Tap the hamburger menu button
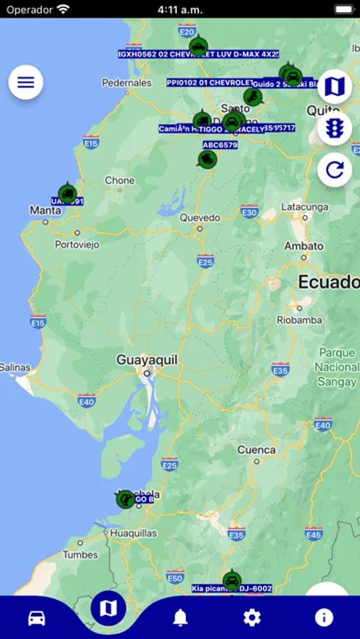(x=26, y=82)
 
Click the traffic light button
(x=334, y=129)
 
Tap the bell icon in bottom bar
(x=180, y=618)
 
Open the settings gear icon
(x=252, y=618)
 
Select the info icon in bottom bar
(x=324, y=618)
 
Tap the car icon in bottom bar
(x=36, y=618)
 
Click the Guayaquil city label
(x=147, y=361)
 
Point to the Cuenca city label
(x=256, y=450)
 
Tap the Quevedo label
(x=200, y=218)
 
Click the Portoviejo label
(x=77, y=244)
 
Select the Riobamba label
(x=299, y=320)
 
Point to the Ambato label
(x=304, y=246)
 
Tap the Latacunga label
(x=305, y=207)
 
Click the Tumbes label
(x=80, y=555)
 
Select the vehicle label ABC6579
(x=220, y=145)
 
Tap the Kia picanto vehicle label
(x=231, y=589)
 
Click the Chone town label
(x=120, y=180)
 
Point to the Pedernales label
(x=127, y=83)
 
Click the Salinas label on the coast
(x=16, y=367)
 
